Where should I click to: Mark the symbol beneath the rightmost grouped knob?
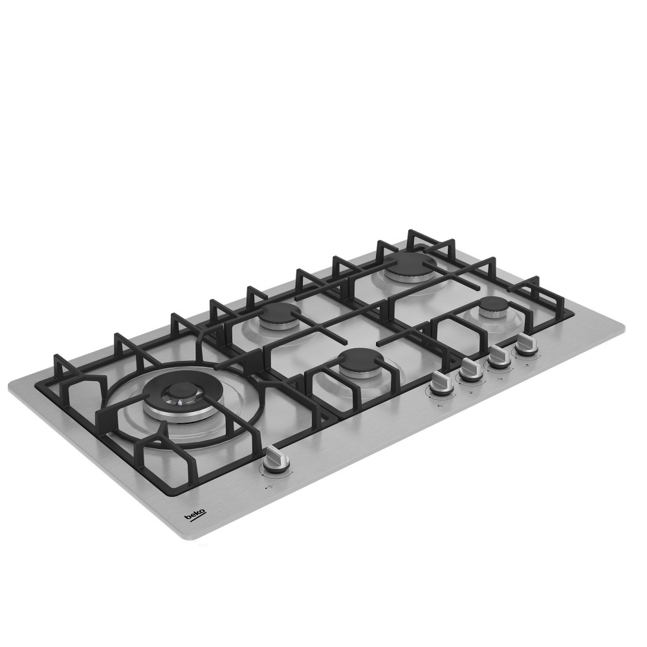coord(528,364)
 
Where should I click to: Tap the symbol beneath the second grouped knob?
coord(471,392)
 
